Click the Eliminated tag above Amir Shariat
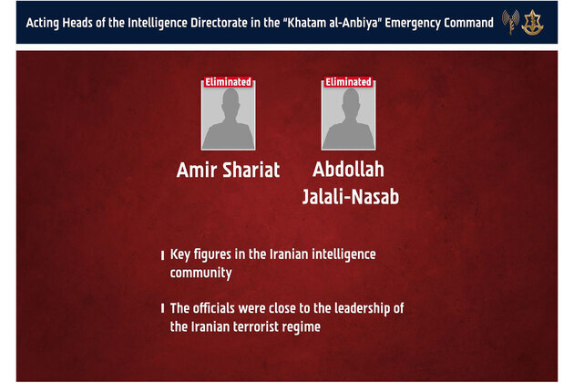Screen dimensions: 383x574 (228, 82)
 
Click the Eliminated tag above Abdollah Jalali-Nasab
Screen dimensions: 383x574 (348, 82)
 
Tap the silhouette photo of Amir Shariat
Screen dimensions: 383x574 (228, 119)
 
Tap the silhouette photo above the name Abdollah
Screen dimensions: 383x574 (348, 119)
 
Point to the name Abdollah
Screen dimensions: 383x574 (347, 171)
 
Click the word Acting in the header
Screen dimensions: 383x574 (43, 21)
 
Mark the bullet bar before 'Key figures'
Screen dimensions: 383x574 (162, 255)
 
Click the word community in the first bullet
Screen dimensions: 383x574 (200, 273)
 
